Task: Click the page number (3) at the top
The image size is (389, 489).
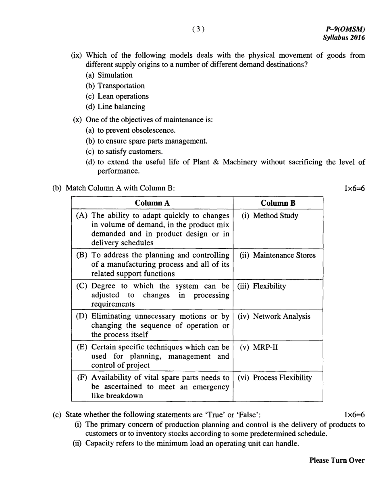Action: coord(198,29)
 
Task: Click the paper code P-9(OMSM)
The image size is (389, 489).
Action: coord(345,29)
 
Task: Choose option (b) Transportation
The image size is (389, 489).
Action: coord(115,86)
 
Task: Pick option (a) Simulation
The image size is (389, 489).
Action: coord(109,75)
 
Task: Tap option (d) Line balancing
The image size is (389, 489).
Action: coord(115,107)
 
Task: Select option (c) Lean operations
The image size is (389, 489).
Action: coord(117,96)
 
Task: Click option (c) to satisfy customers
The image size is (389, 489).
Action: coord(124,151)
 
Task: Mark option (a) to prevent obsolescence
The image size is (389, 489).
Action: coord(131,130)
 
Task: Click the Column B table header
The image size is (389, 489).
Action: coord(278,203)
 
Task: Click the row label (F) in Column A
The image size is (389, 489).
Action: coord(83,378)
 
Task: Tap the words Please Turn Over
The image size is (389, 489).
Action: coord(337,460)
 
